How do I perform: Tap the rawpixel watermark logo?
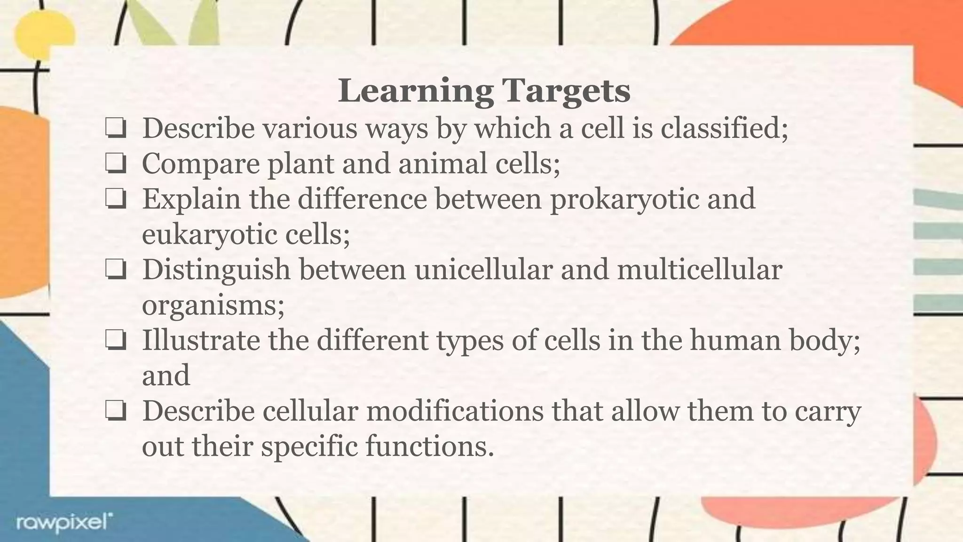click(x=64, y=523)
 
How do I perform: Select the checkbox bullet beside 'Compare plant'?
click(x=116, y=164)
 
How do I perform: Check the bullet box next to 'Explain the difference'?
click(x=116, y=199)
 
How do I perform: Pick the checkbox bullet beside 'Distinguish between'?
click(x=116, y=270)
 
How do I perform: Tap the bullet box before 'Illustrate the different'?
click(x=116, y=341)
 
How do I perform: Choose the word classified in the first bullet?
click(x=724, y=128)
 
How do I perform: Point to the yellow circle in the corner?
click(x=45, y=33)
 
